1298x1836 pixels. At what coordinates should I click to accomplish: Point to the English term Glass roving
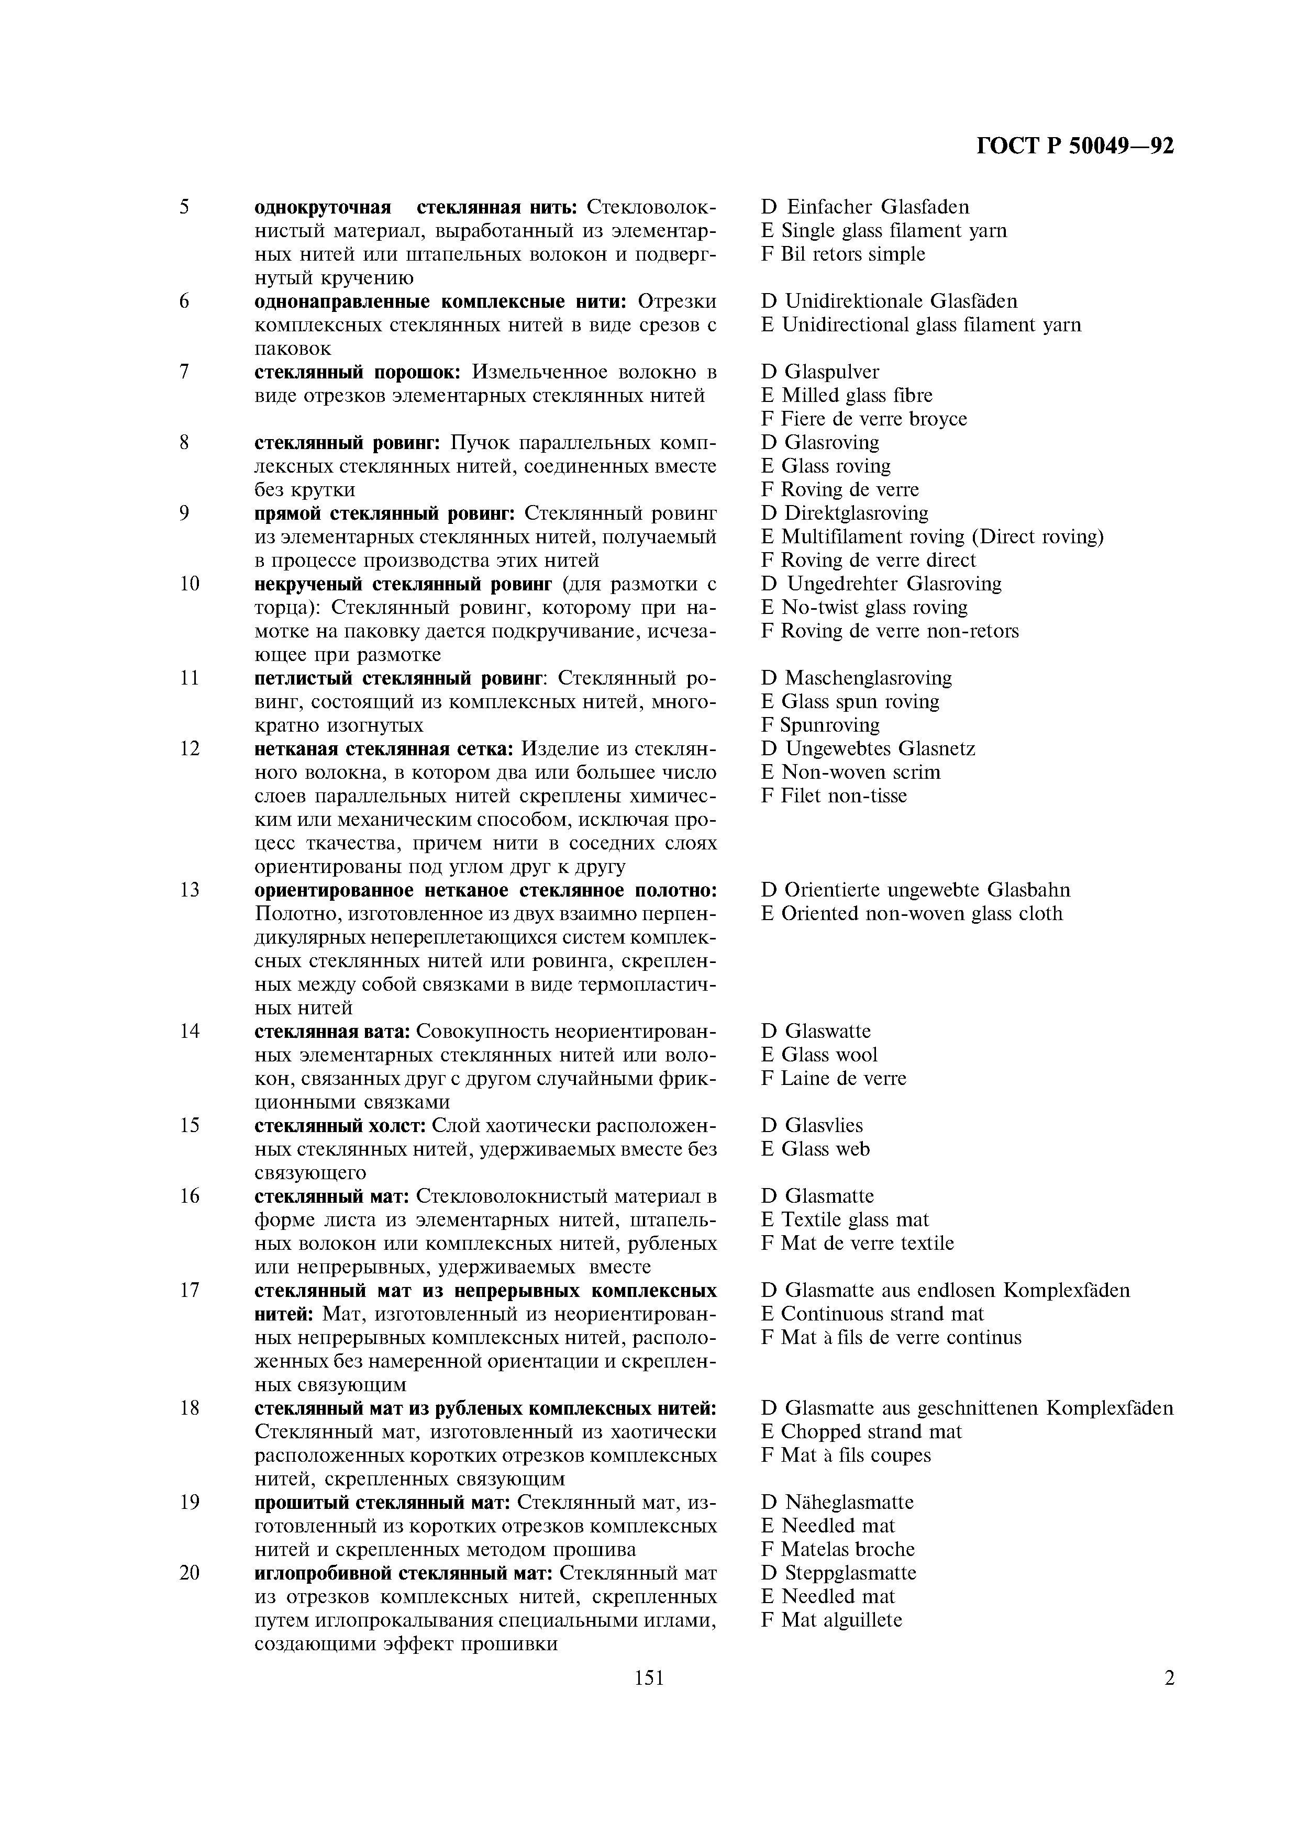pos(836,466)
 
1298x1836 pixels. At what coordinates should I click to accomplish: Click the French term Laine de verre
pos(843,1079)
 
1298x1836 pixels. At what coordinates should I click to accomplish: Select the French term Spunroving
pos(829,725)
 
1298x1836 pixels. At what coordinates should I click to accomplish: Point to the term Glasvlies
pos(824,1126)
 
